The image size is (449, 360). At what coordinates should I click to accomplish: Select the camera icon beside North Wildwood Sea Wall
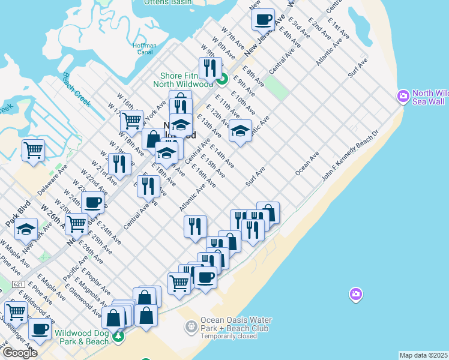[403, 96]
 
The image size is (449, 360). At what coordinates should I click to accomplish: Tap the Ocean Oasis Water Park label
[236, 325]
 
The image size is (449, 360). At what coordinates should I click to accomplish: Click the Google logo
[20, 353]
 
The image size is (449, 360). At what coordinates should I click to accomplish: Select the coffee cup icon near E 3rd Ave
[262, 20]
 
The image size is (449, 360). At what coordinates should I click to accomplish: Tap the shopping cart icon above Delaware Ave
[33, 149]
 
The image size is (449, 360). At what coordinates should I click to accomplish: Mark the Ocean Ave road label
[306, 164]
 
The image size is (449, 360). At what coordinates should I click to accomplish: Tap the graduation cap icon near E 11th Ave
[240, 130]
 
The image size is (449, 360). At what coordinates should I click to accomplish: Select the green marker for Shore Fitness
[221, 79]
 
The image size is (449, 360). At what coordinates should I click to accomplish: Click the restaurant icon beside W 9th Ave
[209, 68]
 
